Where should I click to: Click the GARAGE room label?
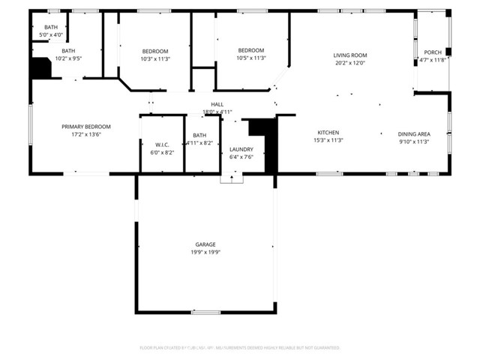[x=205, y=244]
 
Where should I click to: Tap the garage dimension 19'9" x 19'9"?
[x=205, y=253]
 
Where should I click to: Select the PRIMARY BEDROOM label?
[x=85, y=127]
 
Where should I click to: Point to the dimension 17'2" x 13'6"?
[x=85, y=135]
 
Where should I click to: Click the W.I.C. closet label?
[x=163, y=144]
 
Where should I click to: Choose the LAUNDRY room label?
[x=241, y=149]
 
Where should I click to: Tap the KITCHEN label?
[x=328, y=133]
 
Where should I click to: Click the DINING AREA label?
[x=412, y=133]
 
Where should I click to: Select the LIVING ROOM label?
[x=349, y=55]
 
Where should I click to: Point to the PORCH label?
[x=433, y=52]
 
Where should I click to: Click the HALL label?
[x=217, y=104]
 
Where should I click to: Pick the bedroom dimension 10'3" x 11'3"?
[x=155, y=58]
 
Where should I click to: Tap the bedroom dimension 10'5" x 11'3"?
[x=251, y=58]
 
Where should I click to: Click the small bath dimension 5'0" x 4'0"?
[x=50, y=34]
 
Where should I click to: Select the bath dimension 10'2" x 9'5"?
[x=67, y=58]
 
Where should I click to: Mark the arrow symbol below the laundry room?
[x=232, y=178]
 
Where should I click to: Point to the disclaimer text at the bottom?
[x=239, y=348]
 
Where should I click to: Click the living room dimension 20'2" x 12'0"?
[x=349, y=63]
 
